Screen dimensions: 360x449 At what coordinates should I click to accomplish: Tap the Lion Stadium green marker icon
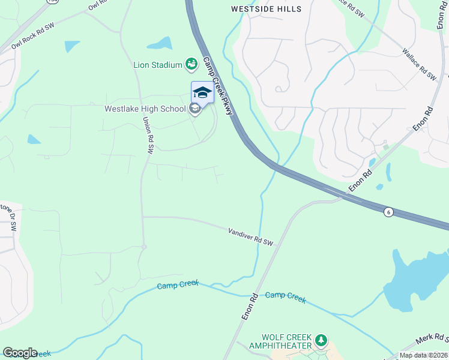(191, 63)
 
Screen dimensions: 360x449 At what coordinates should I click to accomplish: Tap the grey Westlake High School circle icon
(194, 109)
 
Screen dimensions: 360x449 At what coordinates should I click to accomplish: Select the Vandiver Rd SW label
(250, 236)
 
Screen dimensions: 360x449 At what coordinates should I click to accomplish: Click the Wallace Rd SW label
(419, 65)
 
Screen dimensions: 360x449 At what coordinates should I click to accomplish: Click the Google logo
(20, 353)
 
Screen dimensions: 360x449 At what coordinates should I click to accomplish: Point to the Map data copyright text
(423, 355)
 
